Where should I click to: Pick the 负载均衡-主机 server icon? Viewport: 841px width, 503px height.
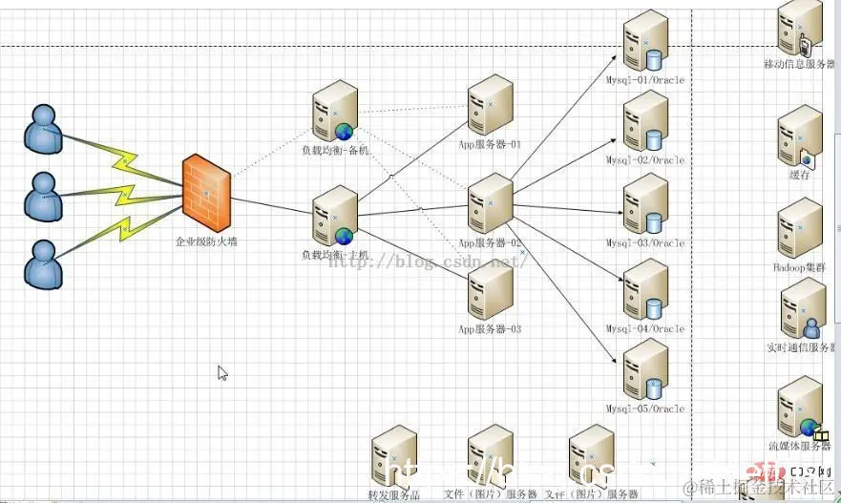click(x=334, y=217)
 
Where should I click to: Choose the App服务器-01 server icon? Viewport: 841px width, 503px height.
click(x=490, y=107)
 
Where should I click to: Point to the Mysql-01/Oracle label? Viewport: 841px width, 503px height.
click(x=645, y=80)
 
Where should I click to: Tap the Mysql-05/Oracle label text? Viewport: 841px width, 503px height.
click(x=645, y=409)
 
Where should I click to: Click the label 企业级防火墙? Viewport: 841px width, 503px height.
click(x=206, y=242)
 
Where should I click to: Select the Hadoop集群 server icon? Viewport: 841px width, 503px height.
click(x=800, y=228)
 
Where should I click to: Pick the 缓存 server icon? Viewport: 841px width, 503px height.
click(x=800, y=136)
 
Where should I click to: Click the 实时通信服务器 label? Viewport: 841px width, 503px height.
click(x=801, y=347)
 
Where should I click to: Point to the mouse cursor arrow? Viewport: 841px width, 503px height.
click(x=221, y=372)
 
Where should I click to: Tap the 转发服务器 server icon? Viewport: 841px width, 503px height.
click(x=394, y=457)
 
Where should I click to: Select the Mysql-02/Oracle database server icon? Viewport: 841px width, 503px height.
click(x=646, y=121)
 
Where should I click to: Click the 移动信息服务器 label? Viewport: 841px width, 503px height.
click(x=800, y=65)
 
